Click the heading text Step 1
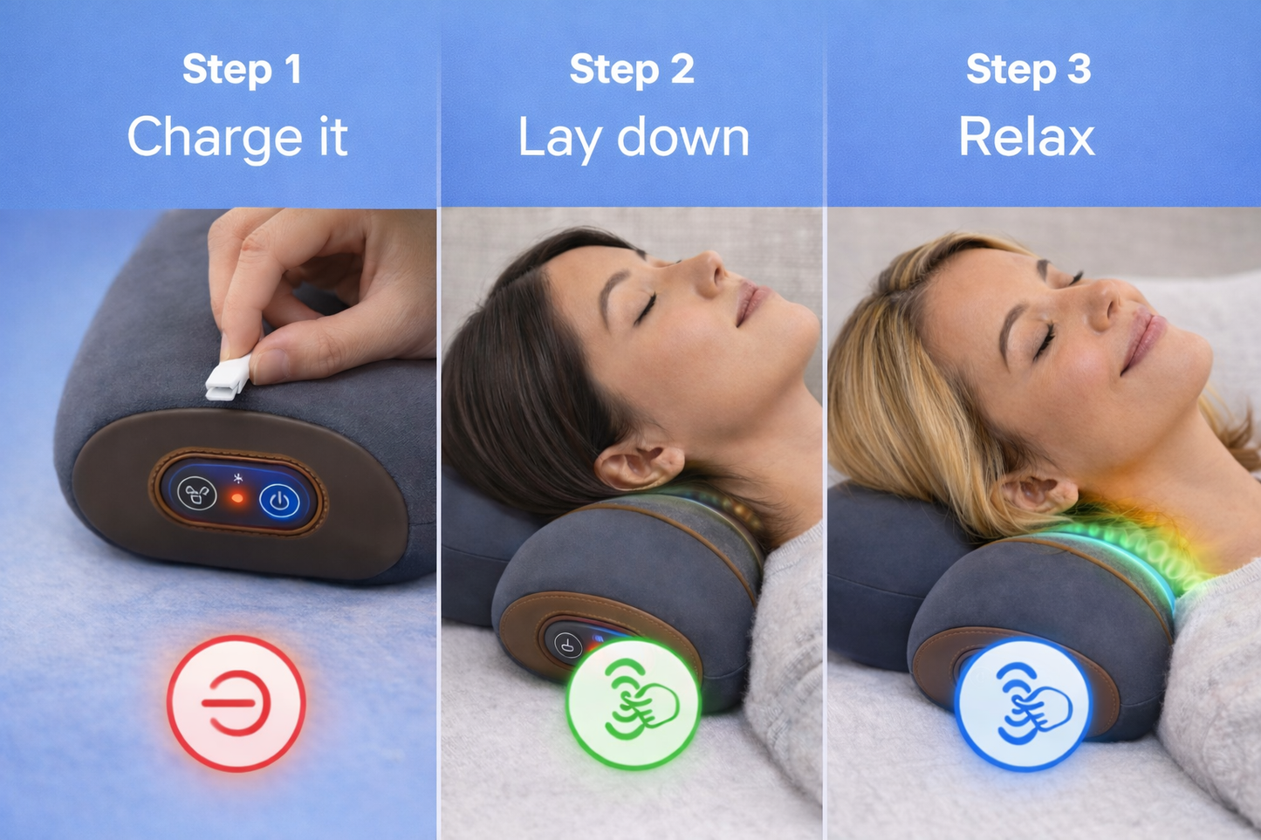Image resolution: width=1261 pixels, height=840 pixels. (242, 70)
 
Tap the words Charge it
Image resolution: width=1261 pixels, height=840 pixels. (237, 138)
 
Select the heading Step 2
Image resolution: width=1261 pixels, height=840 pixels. (632, 70)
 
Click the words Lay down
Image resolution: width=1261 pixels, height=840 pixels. (634, 138)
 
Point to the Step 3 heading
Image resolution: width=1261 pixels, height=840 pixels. (1028, 70)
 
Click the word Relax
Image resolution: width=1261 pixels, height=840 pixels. (1026, 138)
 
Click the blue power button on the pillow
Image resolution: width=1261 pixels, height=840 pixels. (279, 502)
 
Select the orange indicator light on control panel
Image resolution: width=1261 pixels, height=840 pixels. (236, 498)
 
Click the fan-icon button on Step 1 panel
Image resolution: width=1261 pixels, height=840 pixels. (197, 494)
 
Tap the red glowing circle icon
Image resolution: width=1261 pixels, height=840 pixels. (236, 703)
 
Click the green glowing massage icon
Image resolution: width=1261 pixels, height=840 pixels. (634, 703)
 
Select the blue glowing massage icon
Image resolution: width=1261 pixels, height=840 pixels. (1023, 705)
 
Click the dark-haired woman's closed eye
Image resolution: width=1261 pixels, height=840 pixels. (647, 307)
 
